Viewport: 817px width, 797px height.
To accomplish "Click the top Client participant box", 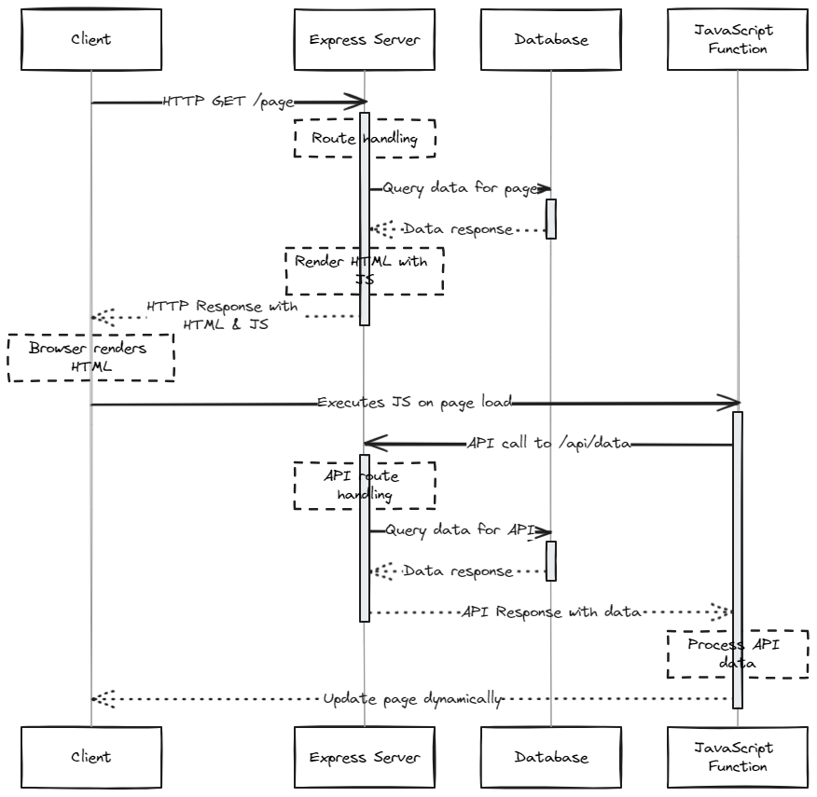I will pos(90,40).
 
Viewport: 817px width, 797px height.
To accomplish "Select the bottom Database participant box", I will pos(550,757).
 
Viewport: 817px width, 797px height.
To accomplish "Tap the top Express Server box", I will pos(365,40).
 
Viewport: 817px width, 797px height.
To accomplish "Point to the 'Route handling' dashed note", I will pos(365,138).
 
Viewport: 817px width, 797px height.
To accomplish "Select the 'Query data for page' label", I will pos(461,188).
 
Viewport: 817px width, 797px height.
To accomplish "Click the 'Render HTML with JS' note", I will pos(365,270).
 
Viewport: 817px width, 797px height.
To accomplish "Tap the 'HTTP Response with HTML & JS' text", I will pos(222,315).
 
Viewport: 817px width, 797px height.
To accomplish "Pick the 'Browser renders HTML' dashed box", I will pos(90,358).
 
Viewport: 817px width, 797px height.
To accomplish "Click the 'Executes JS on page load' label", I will pos(414,403).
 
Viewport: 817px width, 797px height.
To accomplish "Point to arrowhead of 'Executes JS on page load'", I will pos(733,403).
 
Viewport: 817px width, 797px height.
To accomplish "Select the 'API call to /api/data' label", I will pos(548,444).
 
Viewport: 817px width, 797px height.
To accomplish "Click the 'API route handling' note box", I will pos(365,485).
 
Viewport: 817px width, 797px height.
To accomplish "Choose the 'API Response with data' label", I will pos(550,612).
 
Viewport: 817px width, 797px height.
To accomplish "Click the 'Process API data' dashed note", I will pos(737,653).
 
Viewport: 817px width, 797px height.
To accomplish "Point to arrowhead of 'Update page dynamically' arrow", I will pos(98,698).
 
